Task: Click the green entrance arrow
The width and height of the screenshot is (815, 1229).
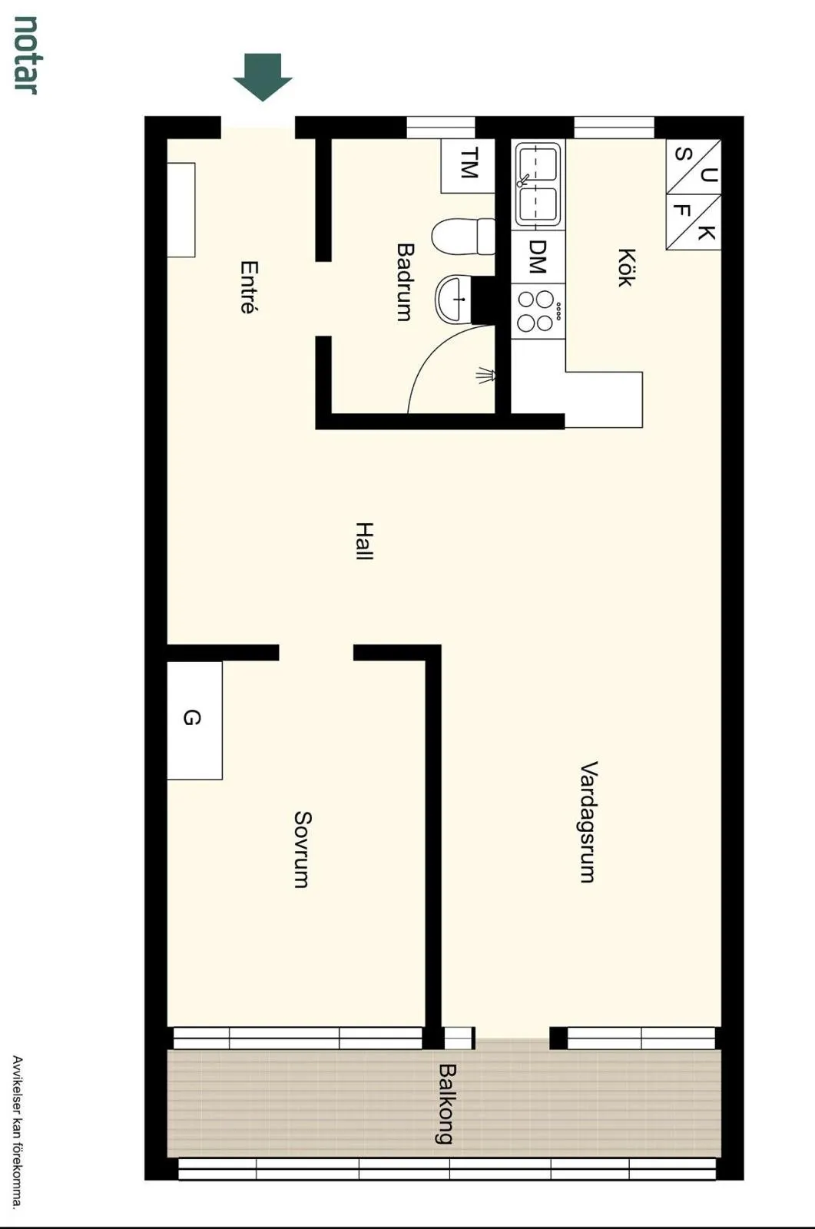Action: pos(263,77)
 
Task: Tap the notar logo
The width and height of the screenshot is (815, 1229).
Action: pos(25,55)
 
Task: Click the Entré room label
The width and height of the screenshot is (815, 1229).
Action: pos(249,287)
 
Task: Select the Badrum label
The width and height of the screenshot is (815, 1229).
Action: pos(405,282)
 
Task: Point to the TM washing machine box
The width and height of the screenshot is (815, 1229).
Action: pos(468,166)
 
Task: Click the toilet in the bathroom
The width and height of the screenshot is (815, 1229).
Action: pos(463,237)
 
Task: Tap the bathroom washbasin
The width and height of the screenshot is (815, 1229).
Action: pos(453,299)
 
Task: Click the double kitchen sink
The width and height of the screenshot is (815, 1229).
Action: pos(538,184)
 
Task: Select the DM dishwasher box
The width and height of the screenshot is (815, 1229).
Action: pos(538,257)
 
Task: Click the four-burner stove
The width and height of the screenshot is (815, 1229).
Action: pos(538,311)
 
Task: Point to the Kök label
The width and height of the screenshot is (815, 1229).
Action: pos(626,267)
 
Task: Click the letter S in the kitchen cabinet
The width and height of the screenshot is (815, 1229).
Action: pos(682,154)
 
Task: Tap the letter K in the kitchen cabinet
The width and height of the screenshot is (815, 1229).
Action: pos(707,233)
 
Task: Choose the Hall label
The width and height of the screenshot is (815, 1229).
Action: pos(364,541)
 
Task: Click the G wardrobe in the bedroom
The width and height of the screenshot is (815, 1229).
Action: pos(194,720)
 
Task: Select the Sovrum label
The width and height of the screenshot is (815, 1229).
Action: pos(303,850)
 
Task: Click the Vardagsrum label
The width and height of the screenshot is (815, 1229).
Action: pos(588,822)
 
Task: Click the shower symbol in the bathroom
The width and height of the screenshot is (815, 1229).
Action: pos(486,376)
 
